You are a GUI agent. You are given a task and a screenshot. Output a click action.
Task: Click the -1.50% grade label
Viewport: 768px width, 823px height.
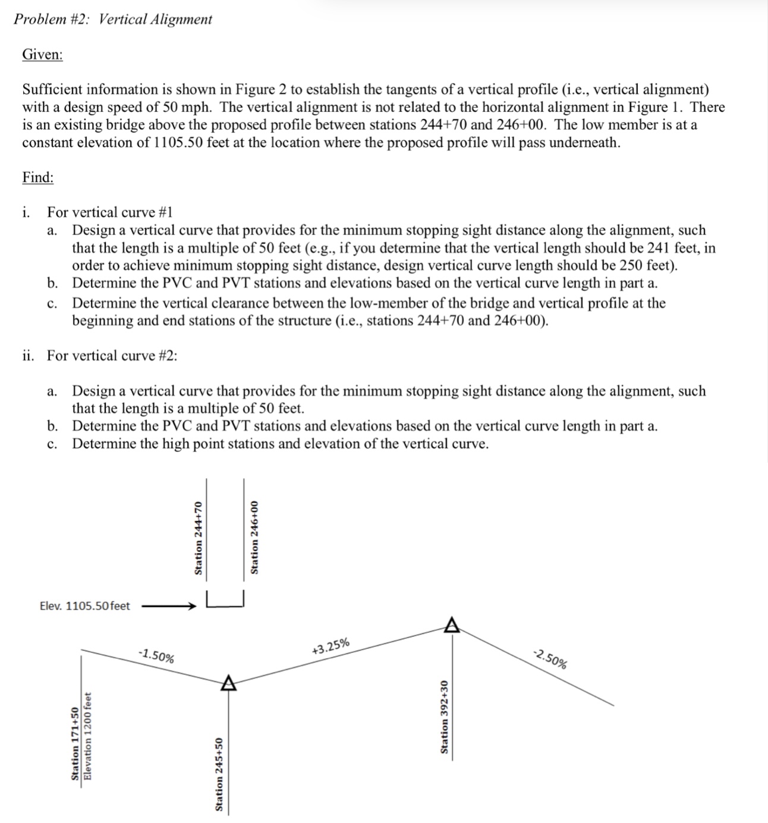[156, 656]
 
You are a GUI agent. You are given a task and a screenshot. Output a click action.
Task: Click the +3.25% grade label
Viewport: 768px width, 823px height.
[331, 646]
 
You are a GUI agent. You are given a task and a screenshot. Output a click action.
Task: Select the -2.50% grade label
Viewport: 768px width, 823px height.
[550, 659]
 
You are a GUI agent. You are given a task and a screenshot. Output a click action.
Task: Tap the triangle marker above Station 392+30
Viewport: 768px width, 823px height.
[452, 624]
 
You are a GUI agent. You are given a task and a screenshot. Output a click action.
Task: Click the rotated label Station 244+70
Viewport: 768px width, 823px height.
[199, 538]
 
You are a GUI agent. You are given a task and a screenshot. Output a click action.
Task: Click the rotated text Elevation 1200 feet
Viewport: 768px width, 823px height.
[87, 736]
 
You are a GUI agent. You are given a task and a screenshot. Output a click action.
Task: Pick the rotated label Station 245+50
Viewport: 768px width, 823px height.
[219, 774]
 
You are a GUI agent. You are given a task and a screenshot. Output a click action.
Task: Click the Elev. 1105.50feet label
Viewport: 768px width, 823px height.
[84, 606]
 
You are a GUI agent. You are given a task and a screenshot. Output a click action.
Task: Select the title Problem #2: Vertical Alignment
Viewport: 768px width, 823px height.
[113, 19]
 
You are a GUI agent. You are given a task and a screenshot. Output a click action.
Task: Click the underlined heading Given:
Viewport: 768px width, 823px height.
[42, 55]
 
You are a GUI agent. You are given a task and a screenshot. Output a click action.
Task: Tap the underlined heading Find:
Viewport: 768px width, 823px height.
[38, 177]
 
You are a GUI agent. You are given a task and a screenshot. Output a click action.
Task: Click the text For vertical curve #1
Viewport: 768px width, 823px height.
[111, 212]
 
